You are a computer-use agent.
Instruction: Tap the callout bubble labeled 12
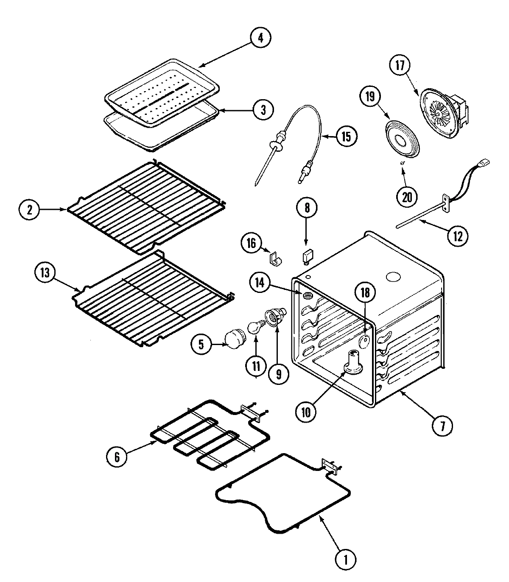tap(457, 234)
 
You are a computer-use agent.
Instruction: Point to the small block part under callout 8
tap(307, 256)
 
